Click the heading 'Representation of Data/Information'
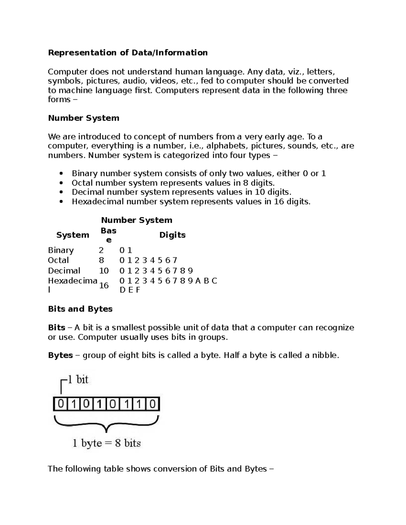(128, 53)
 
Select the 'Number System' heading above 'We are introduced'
(84, 118)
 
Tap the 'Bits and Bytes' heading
(80, 309)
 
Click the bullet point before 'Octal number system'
(61, 183)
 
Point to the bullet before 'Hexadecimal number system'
(61, 202)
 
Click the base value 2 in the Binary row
(101, 250)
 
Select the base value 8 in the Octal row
(101, 260)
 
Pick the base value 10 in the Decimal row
(104, 271)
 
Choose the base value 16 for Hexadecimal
(104, 286)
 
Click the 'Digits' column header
(172, 235)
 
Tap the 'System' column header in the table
(73, 235)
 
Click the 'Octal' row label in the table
(58, 260)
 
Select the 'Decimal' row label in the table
(64, 271)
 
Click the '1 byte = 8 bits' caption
(107, 443)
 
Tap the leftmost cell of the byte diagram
(60, 404)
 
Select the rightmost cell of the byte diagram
(153, 404)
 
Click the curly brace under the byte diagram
(106, 425)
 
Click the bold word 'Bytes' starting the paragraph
(61, 355)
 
